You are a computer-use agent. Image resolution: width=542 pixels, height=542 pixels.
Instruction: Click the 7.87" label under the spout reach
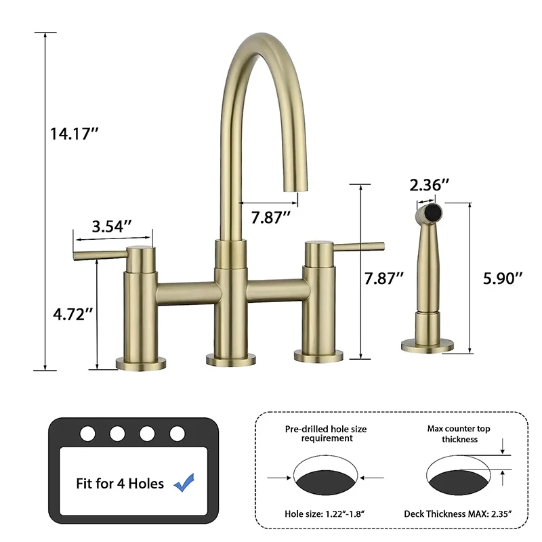(270, 217)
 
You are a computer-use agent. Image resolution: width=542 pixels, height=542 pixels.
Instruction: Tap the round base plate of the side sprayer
(427, 346)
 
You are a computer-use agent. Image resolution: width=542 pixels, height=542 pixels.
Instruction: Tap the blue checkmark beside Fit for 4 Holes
(183, 484)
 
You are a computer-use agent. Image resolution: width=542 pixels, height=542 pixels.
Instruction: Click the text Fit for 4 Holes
(120, 484)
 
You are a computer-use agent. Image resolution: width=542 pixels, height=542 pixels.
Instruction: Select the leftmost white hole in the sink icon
(88, 432)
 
